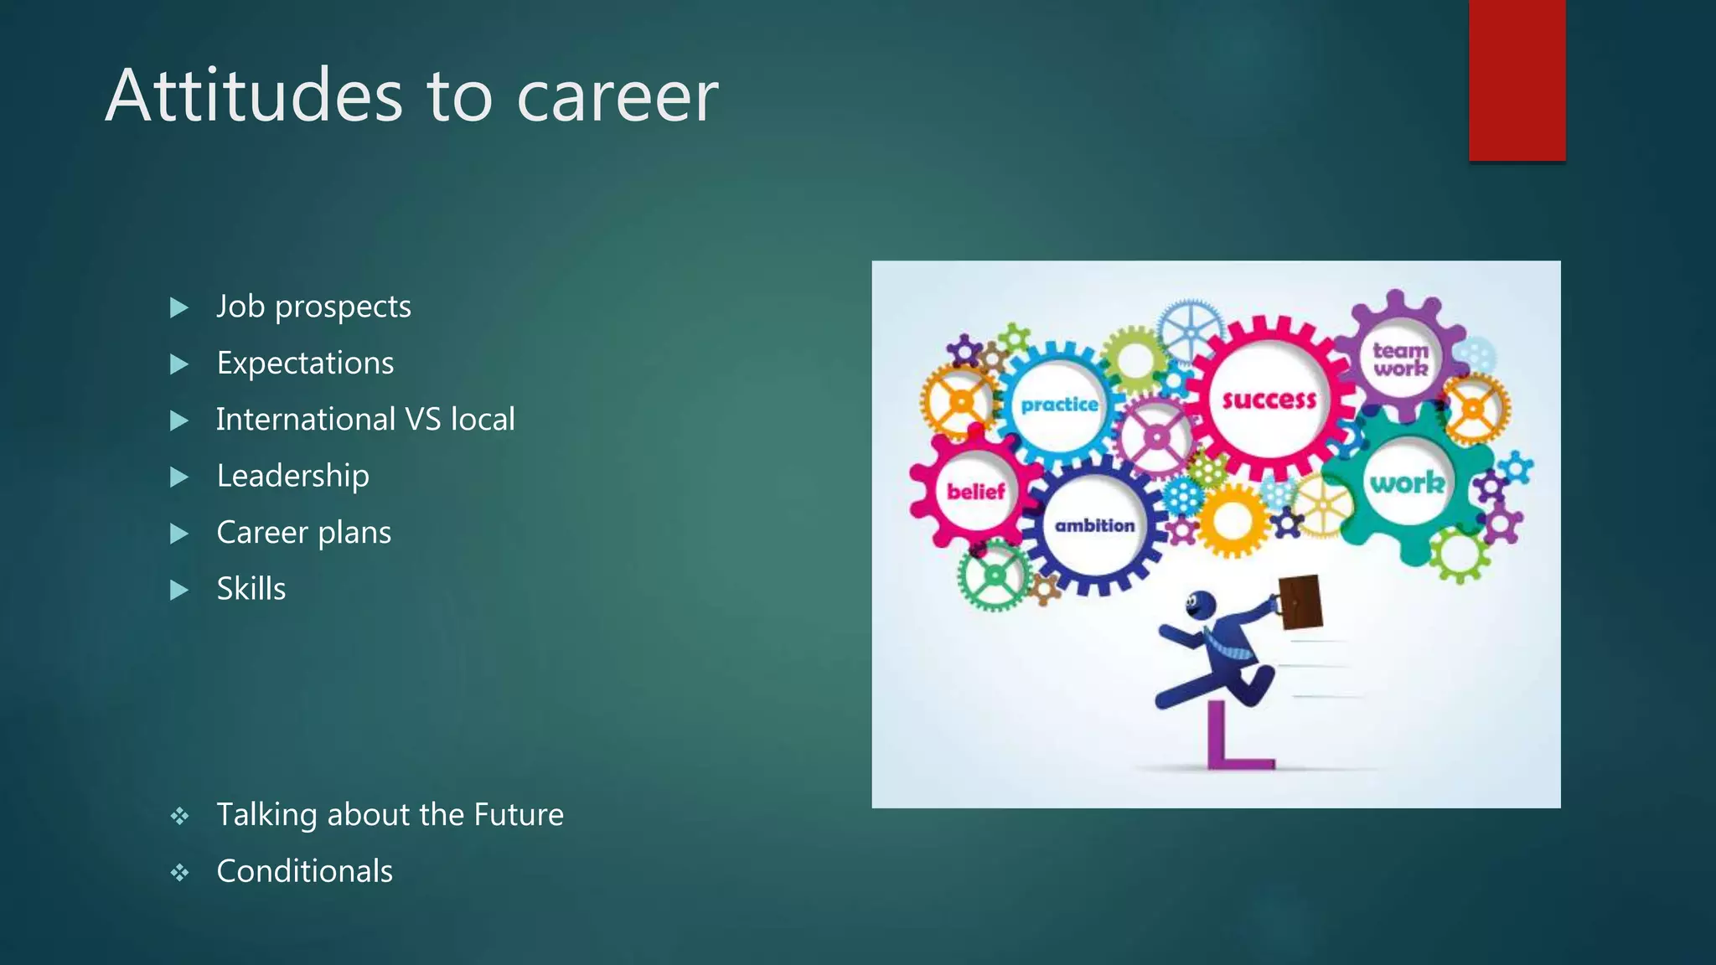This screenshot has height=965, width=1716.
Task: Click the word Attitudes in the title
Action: click(x=254, y=96)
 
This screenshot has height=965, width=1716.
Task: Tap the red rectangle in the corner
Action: click(x=1517, y=80)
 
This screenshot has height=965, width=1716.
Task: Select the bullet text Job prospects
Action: click(x=313, y=307)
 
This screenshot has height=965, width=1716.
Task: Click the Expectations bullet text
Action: click(x=305, y=364)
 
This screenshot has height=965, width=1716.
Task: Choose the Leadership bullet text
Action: click(x=292, y=476)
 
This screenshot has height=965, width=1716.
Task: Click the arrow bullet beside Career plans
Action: click(x=178, y=534)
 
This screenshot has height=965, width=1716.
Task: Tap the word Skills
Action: click(x=251, y=589)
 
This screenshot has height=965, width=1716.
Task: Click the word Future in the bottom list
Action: click(x=518, y=815)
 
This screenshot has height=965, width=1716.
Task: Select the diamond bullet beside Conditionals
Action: click(x=179, y=873)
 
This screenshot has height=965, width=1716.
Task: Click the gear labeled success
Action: click(x=1269, y=400)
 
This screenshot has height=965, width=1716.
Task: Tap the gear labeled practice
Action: click(x=1059, y=405)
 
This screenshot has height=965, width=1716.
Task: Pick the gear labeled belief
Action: click(x=974, y=492)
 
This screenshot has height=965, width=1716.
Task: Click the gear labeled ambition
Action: click(x=1094, y=526)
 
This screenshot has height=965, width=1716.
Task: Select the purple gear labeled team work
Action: click(x=1401, y=359)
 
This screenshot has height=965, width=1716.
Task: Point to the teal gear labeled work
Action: click(x=1407, y=483)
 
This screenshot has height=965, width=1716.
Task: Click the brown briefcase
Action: click(x=1300, y=601)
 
